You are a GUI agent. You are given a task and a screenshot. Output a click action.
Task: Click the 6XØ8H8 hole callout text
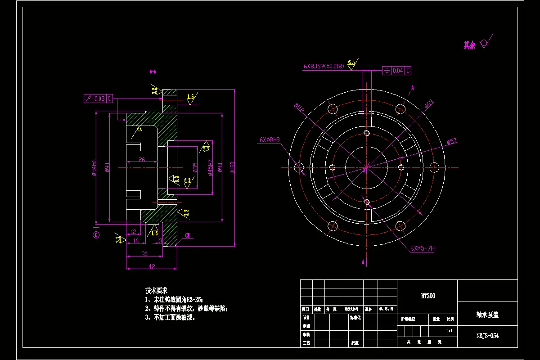pyautogui.click(x=270, y=140)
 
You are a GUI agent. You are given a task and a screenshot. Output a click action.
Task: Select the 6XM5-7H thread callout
pyautogui.click(x=422, y=248)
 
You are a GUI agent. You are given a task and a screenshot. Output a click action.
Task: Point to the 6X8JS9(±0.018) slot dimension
pyautogui.click(x=324, y=66)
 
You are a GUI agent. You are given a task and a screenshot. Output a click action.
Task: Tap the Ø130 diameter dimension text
pyautogui.click(x=232, y=167)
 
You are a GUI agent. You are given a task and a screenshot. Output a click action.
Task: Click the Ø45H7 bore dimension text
pyautogui.click(x=210, y=167)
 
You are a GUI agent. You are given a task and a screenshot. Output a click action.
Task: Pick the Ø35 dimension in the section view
pyautogui.click(x=195, y=167)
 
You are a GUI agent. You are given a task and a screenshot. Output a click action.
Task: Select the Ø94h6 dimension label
pyautogui.click(x=94, y=167)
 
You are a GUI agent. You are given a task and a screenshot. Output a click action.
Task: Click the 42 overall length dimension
pyautogui.click(x=152, y=266)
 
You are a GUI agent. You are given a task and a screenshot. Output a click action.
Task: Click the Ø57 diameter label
pyautogui.click(x=451, y=141)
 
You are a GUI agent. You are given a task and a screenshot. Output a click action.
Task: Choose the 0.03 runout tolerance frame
pyautogui.click(x=98, y=99)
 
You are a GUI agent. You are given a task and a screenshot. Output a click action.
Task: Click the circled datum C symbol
pyautogui.click(x=96, y=234)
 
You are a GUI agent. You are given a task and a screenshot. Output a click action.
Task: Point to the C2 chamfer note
pyautogui.click(x=187, y=235)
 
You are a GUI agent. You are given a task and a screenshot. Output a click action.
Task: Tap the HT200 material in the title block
pyautogui.click(x=427, y=296)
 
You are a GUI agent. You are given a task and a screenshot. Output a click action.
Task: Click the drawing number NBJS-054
pyautogui.click(x=487, y=336)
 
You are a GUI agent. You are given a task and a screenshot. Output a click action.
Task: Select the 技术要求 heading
pyautogui.click(x=156, y=290)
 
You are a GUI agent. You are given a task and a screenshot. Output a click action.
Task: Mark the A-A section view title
pyautogui.click(x=153, y=71)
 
